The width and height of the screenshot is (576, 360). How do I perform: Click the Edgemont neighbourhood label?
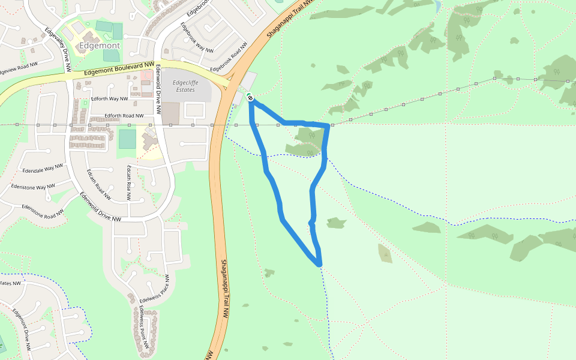pos(100,46)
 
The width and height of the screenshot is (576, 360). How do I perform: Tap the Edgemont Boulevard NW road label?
pos(119,68)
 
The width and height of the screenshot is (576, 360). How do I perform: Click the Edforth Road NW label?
pos(124,115)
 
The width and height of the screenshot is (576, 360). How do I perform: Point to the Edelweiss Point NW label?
pos(143,327)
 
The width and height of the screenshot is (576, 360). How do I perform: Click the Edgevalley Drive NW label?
pos(58,48)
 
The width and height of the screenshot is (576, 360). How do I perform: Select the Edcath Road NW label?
pos(99,184)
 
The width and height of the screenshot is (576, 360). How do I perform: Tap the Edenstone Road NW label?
pos(43,211)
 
